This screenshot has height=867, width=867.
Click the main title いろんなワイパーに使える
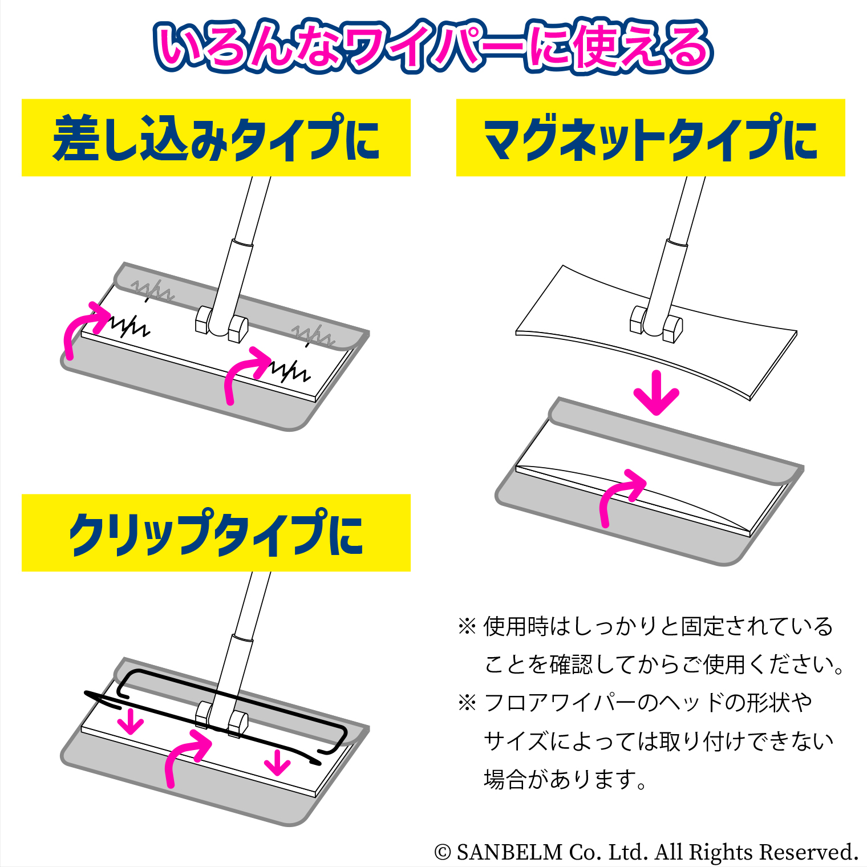tap(433, 47)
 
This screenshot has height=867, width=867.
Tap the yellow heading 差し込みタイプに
tap(216, 137)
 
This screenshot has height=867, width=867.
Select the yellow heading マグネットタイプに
tap(650, 137)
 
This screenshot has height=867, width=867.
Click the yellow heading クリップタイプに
tap(216, 533)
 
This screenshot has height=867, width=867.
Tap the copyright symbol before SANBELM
tap(443, 852)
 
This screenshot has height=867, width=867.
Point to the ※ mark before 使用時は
tap(467, 626)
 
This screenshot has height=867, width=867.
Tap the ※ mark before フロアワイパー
tap(467, 702)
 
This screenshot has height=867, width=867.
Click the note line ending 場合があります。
tap(565, 779)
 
